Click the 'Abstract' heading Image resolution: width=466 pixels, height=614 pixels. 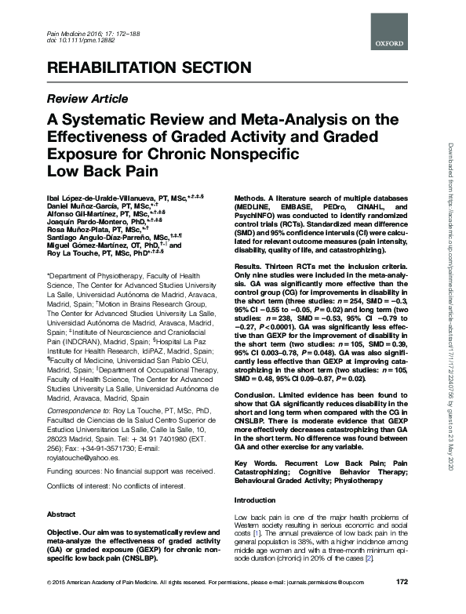62,514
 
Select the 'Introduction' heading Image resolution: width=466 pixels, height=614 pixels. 256,500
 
